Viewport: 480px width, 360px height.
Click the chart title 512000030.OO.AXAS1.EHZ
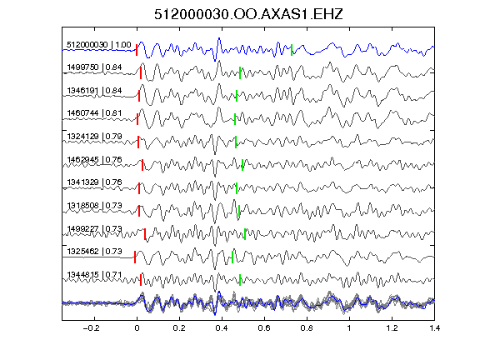coord(248,14)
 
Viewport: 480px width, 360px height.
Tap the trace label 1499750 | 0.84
coord(94,67)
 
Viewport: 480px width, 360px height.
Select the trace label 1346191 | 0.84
coord(94,91)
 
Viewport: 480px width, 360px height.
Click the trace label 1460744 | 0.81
coord(94,113)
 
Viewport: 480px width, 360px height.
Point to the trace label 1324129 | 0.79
coord(94,136)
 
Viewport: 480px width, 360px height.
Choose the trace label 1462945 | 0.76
coord(94,159)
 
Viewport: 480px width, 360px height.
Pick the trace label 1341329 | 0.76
coord(94,182)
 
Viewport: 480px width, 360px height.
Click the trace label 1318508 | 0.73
coord(94,205)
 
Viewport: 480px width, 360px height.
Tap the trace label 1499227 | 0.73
coord(94,228)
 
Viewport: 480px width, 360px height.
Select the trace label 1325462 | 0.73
coord(94,252)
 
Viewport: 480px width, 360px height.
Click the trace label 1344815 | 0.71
coord(94,275)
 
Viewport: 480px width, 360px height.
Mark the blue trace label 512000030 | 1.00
coord(99,45)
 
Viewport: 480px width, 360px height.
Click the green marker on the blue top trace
coord(292,50)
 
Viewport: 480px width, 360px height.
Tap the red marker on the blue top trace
coord(137,50)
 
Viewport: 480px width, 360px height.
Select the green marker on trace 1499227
coord(245,234)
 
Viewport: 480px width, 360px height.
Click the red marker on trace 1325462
coord(135,257)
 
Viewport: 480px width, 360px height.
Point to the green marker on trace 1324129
coord(236,142)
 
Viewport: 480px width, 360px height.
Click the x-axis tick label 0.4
coord(222,328)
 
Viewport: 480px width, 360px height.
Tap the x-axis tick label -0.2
coord(92,328)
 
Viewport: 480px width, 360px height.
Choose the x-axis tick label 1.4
coord(434,328)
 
